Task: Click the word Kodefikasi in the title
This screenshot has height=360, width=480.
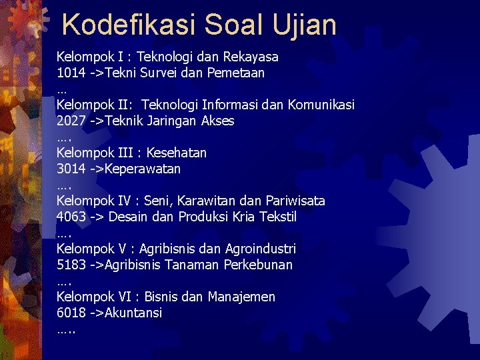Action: click(x=127, y=25)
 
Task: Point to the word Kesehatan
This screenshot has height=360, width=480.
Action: click(x=177, y=153)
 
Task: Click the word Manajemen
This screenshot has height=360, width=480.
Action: click(x=241, y=297)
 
